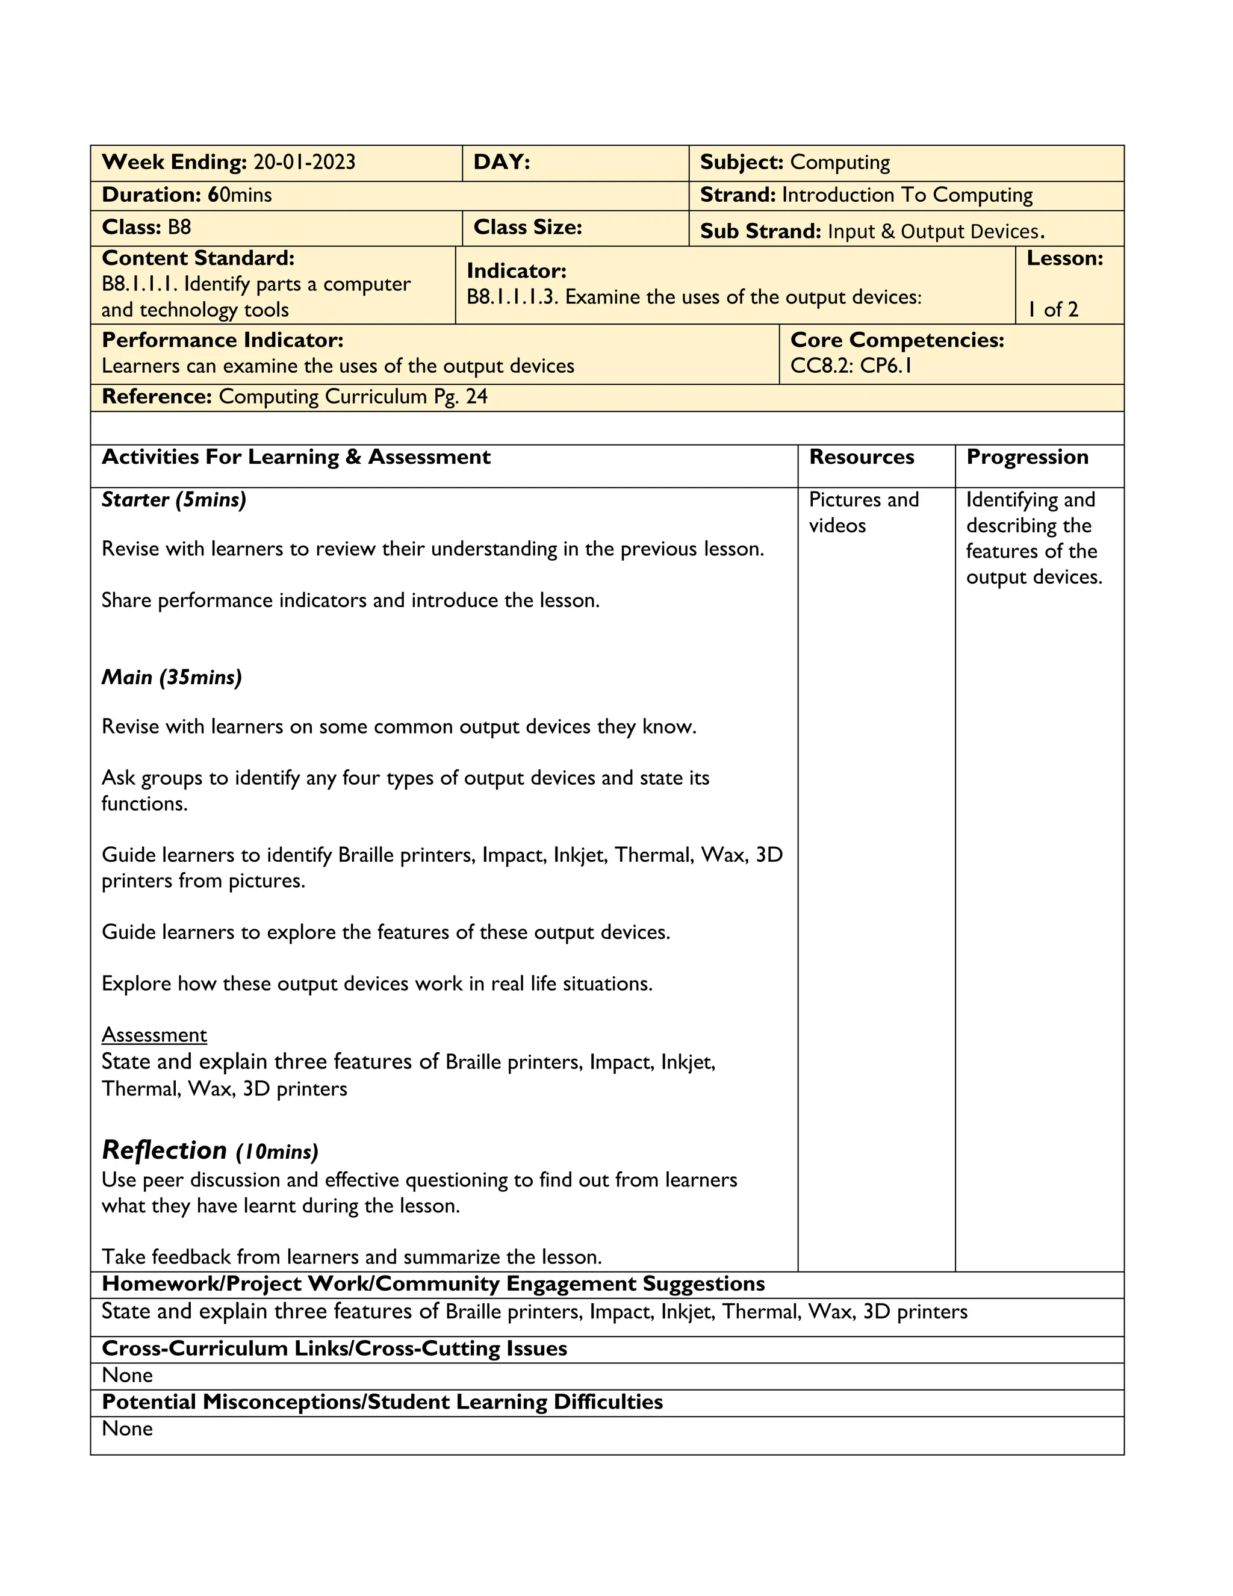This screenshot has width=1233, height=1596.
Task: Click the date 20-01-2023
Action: pyautogui.click(x=304, y=162)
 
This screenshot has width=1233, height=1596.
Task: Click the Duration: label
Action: pyautogui.click(x=151, y=195)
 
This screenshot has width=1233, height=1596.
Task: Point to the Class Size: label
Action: pyautogui.click(x=527, y=227)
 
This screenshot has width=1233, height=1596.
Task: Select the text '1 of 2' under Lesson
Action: pyautogui.click(x=1052, y=310)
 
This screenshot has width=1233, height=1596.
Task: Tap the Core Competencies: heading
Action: pyautogui.click(x=897, y=340)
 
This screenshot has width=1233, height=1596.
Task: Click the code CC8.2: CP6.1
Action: pyautogui.click(x=851, y=366)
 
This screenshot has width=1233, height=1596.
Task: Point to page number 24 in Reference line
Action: pyautogui.click(x=476, y=397)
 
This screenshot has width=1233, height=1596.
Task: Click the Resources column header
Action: pyautogui.click(x=861, y=458)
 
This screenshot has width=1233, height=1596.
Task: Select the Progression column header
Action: pyautogui.click(x=1027, y=458)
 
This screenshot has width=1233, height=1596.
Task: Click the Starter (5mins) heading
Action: pyautogui.click(x=174, y=500)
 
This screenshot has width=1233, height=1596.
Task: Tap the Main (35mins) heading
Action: pyautogui.click(x=172, y=678)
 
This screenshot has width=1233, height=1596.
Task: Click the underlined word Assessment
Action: pyautogui.click(x=154, y=1035)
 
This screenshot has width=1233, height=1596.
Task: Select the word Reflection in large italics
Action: pyautogui.click(x=164, y=1150)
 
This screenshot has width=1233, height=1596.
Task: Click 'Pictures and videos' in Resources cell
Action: pyautogui.click(x=863, y=513)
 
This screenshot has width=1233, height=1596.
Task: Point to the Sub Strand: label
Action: pyautogui.click(x=760, y=232)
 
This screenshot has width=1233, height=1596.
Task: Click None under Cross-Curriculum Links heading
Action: pyautogui.click(x=127, y=1376)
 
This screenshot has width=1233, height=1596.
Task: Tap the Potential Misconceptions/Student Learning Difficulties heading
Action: pyautogui.click(x=382, y=1401)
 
